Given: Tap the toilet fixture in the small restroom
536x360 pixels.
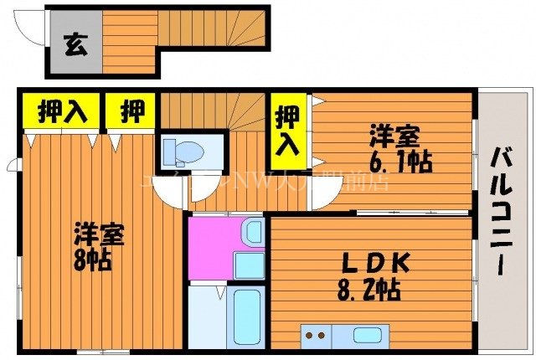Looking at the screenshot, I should (184, 152).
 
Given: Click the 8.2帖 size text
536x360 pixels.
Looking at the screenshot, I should (369, 290).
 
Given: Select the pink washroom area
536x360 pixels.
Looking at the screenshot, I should (214, 248).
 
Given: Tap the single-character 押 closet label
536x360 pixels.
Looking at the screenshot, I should (131, 111).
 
